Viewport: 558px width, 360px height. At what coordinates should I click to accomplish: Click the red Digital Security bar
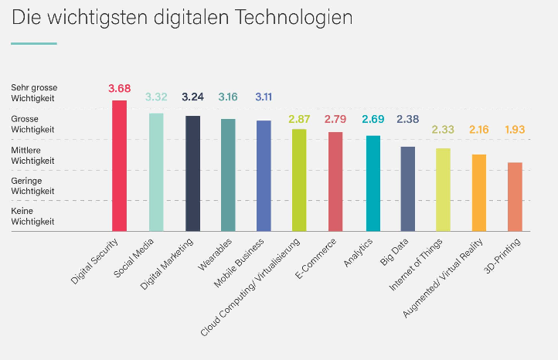coord(119,166)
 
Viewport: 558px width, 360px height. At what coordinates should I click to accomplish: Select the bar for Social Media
coord(156,172)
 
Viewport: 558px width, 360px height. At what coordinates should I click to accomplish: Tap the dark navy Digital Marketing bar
coord(192,173)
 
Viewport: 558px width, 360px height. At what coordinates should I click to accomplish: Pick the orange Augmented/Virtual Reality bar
coord(479,193)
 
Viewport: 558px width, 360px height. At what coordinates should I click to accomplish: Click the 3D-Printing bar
coord(515,197)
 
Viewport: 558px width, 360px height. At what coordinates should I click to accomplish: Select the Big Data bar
coord(408,189)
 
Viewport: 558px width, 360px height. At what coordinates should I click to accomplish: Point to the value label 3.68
coord(120,88)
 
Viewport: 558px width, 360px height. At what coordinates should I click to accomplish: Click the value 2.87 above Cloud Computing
coord(299,119)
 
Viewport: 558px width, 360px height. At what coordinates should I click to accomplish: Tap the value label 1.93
coord(515,130)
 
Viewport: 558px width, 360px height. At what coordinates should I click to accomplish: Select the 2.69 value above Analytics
coord(373,119)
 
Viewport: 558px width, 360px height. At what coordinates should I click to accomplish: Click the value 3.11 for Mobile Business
coord(264,97)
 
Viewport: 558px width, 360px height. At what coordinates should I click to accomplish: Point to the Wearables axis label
coord(215,255)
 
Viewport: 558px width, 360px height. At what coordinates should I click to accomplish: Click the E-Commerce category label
coord(315,259)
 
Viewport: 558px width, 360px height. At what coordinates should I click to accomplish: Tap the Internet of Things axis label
coord(416,264)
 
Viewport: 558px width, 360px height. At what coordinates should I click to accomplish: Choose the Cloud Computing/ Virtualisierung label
coord(250,287)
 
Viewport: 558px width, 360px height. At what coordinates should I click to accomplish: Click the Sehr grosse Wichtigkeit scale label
coord(34,93)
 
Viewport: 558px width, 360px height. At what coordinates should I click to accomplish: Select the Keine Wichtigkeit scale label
coord(32,216)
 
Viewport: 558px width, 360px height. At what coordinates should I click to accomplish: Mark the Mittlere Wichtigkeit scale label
coord(32,155)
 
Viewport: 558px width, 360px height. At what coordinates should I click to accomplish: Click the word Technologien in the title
coord(294,18)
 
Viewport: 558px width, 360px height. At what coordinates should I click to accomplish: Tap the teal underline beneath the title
coord(34,44)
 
